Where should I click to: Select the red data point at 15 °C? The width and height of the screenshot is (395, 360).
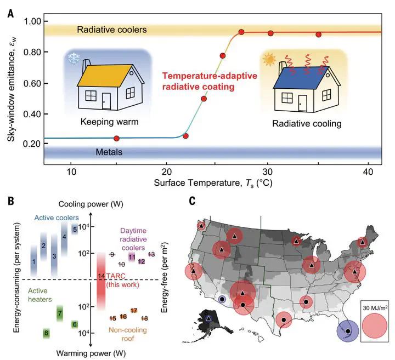(x=116, y=138)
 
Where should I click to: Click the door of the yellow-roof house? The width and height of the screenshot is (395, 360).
(x=106, y=101)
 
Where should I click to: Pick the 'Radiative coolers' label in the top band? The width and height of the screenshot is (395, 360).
(x=112, y=30)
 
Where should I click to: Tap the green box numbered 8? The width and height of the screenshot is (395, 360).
(x=47, y=333)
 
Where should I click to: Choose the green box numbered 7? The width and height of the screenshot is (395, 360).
(x=60, y=316)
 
